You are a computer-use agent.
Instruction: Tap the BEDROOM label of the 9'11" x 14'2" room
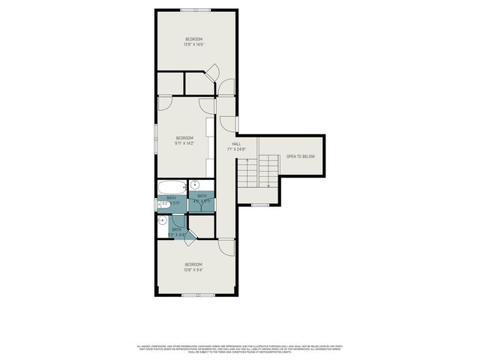(184, 137)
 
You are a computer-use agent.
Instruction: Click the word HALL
(235, 143)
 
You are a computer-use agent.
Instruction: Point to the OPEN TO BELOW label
(300, 157)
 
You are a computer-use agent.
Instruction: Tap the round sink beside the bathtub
(195, 185)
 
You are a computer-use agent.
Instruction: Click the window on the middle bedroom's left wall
(156, 139)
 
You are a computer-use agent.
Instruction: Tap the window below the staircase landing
(259, 205)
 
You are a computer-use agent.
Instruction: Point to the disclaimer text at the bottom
(239, 348)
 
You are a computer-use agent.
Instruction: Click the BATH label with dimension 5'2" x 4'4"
(177, 232)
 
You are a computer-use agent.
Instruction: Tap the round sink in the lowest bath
(162, 220)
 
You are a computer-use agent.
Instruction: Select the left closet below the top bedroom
(170, 82)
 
